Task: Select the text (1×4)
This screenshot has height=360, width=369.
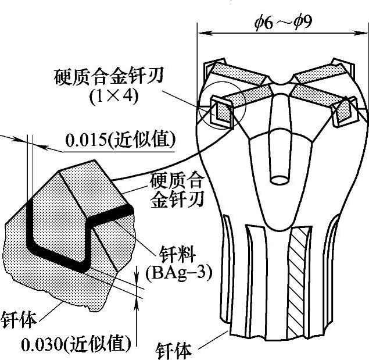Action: point(114,96)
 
